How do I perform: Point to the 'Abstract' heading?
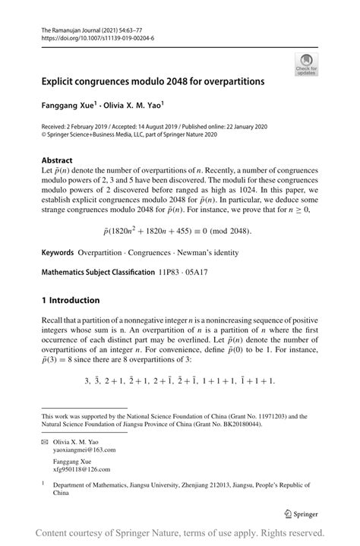coord(57,160)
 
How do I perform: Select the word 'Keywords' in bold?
coord(58,251)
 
